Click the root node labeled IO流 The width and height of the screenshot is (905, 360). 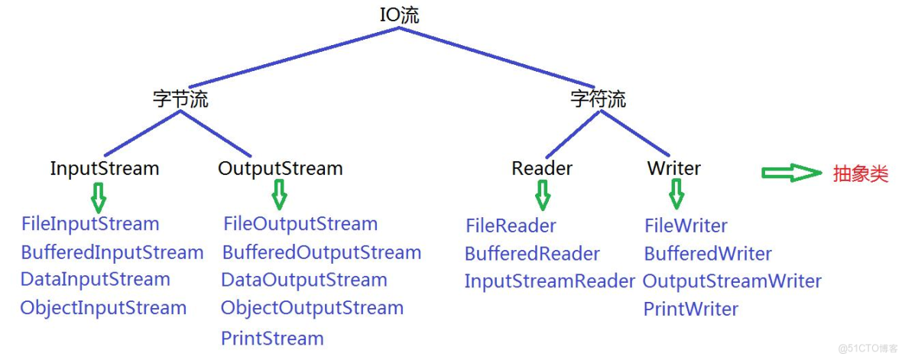[x=399, y=15]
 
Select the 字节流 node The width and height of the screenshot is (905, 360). [x=180, y=99]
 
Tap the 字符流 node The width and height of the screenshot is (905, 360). [x=598, y=99]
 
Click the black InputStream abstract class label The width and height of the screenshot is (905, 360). [x=105, y=168]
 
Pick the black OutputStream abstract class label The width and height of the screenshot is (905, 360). [x=281, y=168]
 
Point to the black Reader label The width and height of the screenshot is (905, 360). [x=542, y=168]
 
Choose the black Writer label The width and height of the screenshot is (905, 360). [x=673, y=168]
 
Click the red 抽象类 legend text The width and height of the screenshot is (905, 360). [x=861, y=174]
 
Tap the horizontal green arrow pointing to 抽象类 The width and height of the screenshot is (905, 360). [x=790, y=174]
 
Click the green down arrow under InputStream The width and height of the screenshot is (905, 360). [x=98, y=197]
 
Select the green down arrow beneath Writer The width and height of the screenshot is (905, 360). [x=676, y=196]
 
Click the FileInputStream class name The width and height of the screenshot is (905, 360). [x=90, y=224]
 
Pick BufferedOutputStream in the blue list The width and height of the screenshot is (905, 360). [x=321, y=252]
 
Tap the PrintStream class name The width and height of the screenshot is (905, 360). [x=272, y=339]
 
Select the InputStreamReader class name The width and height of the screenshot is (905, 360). [x=550, y=281]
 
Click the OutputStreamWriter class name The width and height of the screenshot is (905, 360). [x=731, y=281]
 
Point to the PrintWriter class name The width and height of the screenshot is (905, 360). [x=691, y=310]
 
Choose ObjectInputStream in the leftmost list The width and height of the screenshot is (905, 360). [x=103, y=308]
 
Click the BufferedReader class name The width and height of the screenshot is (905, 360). [x=532, y=254]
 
